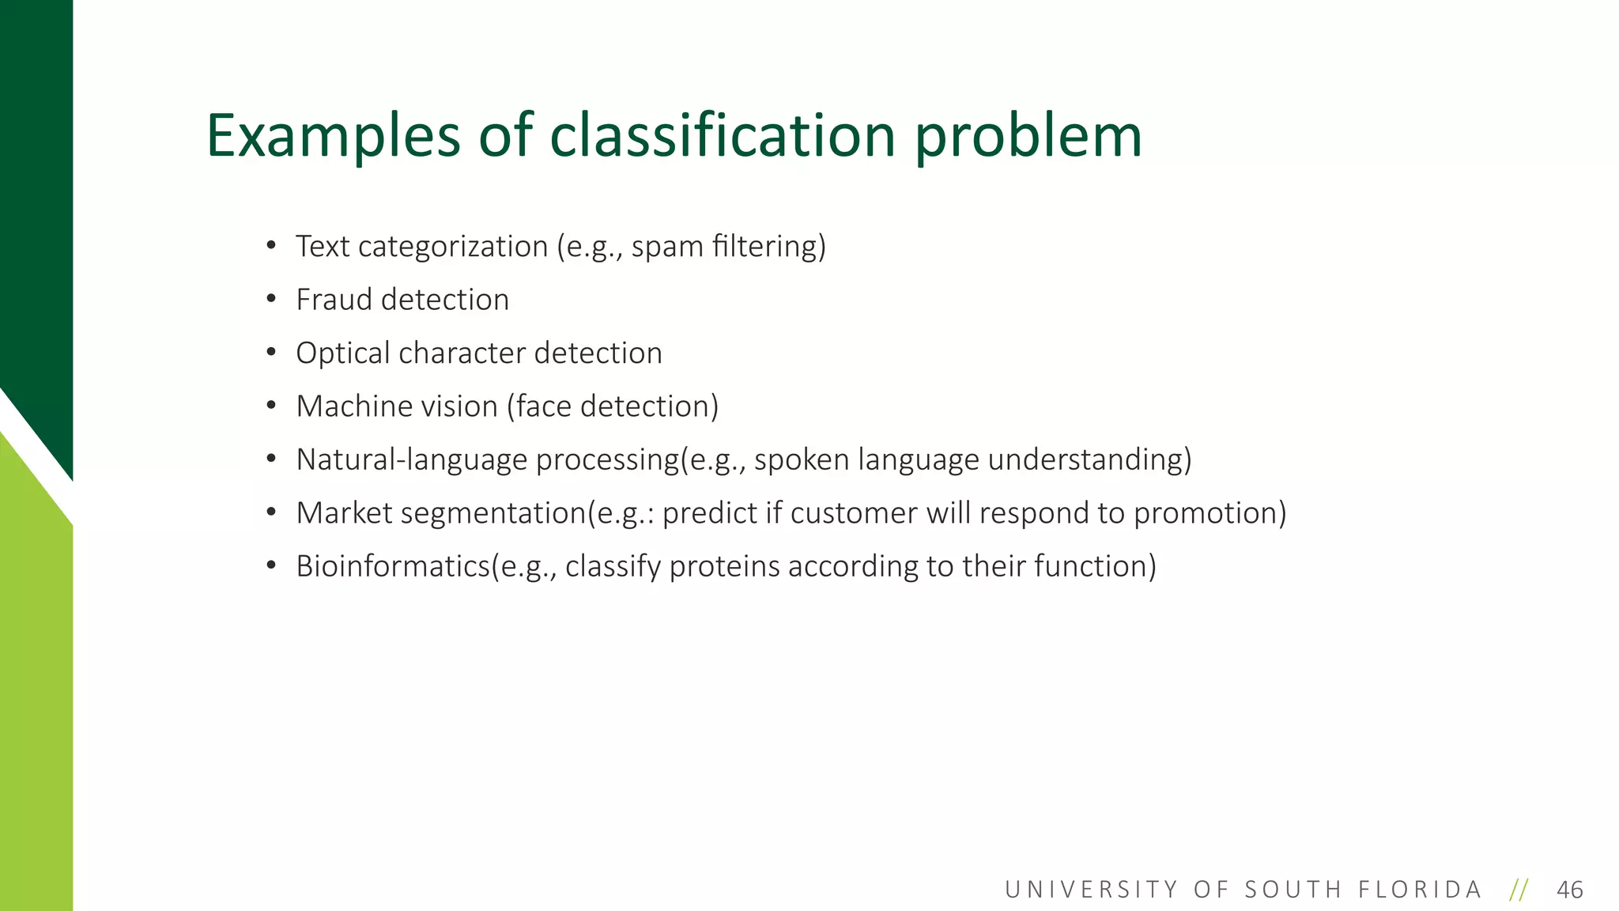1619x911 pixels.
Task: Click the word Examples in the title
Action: [x=333, y=136]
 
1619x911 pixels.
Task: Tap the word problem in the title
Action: [x=1028, y=136]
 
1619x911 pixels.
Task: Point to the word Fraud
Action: [x=334, y=300]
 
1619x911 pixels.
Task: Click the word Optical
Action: [x=342, y=353]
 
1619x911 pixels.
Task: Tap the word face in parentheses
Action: [x=544, y=406]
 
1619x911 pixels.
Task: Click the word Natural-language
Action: [x=411, y=460]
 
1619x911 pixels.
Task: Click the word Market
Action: [x=344, y=513]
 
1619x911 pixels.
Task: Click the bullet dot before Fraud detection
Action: [x=271, y=300]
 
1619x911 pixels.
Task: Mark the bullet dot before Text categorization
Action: [x=271, y=246]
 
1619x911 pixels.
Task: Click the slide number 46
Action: [x=1569, y=890]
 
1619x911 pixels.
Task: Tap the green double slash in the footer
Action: [x=1519, y=890]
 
